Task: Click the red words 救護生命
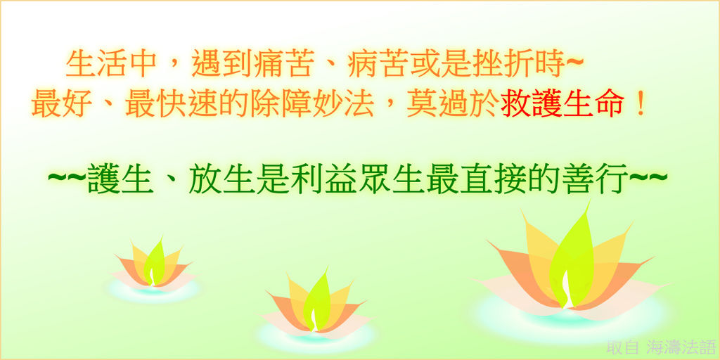point(562,104)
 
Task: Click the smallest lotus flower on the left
point(153,269)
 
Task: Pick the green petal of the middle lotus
point(317,301)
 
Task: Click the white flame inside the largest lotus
point(566,290)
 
